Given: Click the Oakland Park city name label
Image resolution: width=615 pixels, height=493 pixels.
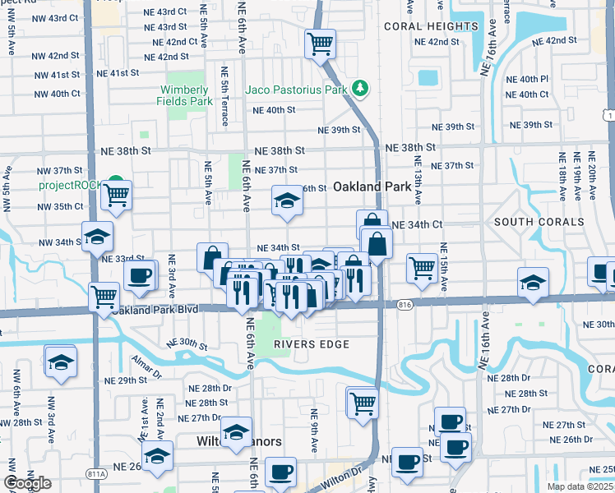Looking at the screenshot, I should (x=372, y=187).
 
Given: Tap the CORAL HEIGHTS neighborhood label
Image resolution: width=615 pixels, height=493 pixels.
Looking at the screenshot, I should (x=431, y=26).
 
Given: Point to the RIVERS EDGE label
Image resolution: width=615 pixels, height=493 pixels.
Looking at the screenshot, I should (x=312, y=343).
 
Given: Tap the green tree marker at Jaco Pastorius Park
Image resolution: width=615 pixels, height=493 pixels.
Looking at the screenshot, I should (x=358, y=87).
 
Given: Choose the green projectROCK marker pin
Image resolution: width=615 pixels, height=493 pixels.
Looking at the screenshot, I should (x=116, y=183).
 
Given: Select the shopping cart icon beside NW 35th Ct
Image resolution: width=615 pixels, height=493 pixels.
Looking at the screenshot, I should (x=116, y=196).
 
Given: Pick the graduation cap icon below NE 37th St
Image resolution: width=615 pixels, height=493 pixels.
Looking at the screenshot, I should (x=286, y=200).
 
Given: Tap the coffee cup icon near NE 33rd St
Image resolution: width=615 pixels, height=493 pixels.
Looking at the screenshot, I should (x=140, y=274).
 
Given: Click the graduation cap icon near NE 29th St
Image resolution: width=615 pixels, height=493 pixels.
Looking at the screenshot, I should (x=61, y=362).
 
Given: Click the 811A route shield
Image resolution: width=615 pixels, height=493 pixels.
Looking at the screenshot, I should (x=73, y=473).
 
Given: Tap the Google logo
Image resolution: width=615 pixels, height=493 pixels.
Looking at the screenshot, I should (x=27, y=483).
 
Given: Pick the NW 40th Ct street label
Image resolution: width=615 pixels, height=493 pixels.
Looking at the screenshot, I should (x=52, y=94).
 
